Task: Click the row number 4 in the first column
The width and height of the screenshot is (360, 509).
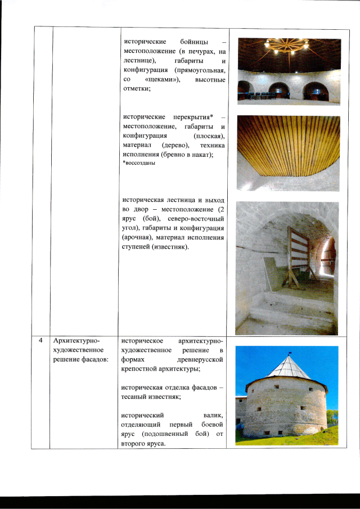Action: tap(41, 341)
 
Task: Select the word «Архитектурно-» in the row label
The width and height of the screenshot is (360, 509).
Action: tap(76, 341)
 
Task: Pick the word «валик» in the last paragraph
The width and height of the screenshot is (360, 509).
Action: tap(214, 414)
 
